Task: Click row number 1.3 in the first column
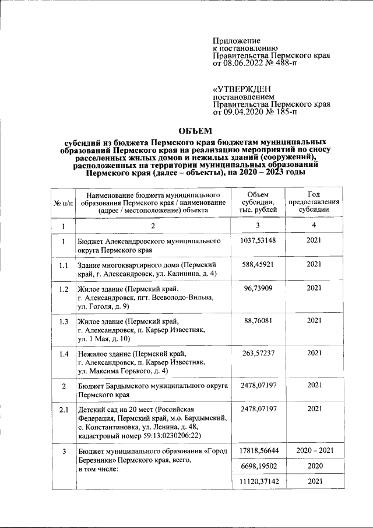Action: pos(63,321)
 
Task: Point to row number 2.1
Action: pos(63,409)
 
